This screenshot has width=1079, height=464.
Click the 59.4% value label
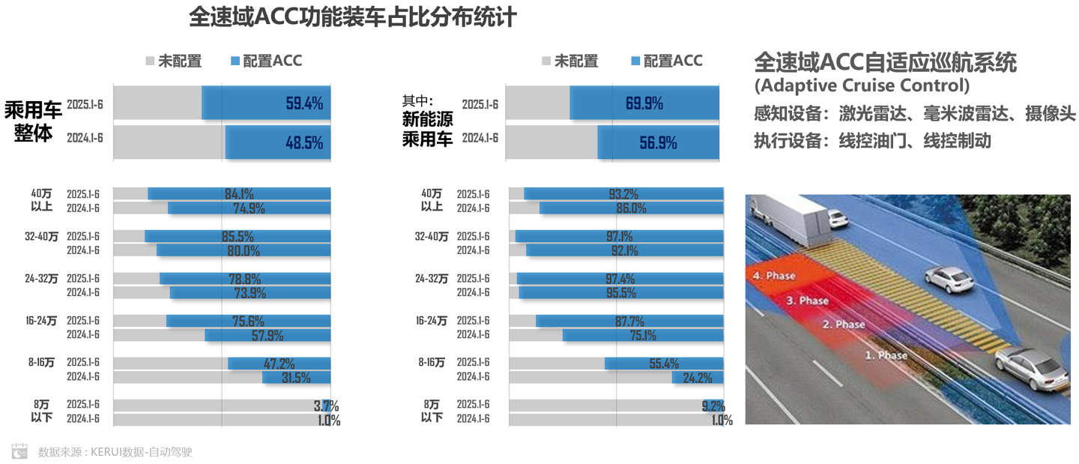[x=304, y=103]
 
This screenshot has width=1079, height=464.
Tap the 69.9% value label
[x=644, y=103]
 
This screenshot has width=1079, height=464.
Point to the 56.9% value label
[x=658, y=142]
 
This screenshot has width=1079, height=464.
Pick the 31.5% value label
[x=296, y=378]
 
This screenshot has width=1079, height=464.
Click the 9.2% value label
[x=713, y=406]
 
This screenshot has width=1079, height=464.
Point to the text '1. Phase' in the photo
[x=886, y=355]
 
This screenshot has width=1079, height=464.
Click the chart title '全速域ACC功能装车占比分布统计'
[x=352, y=17]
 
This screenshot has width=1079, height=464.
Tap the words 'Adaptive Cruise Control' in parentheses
[x=861, y=85]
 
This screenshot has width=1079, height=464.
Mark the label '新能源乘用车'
[x=427, y=127]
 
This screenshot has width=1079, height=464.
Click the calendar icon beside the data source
[x=19, y=451]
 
